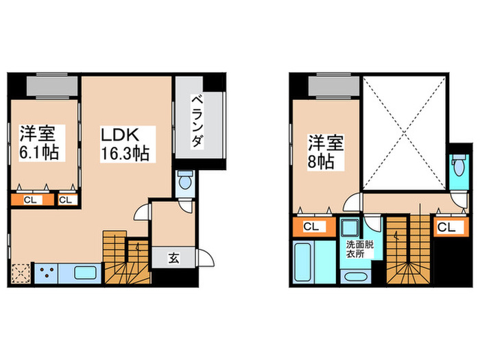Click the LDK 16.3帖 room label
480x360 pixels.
point(125,141)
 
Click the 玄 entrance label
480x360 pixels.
point(173,259)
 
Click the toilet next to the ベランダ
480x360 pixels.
point(185,183)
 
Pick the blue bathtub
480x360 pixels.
point(302,261)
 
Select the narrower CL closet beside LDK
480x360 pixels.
point(67,200)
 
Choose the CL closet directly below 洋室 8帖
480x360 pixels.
point(311,226)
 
